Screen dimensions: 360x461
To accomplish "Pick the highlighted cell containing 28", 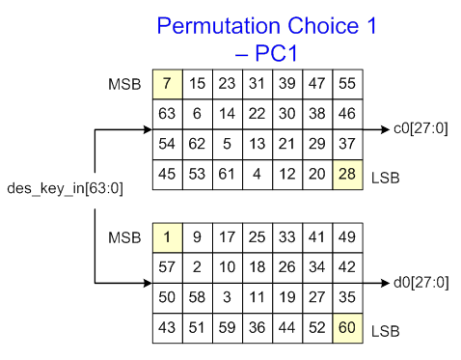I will [347, 175].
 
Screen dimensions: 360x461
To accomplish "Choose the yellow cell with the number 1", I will [168, 236].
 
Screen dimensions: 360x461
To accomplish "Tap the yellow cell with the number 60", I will [347, 327].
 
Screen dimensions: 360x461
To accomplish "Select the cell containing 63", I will [168, 115].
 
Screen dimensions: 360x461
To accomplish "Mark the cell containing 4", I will [258, 175].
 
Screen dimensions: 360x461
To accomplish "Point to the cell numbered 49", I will [347, 236].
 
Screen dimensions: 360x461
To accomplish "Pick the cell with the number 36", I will [258, 327].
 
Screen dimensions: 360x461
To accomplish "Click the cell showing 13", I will [258, 145].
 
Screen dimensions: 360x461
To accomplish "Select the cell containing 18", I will [258, 266].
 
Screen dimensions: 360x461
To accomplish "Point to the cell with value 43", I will [168, 327].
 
